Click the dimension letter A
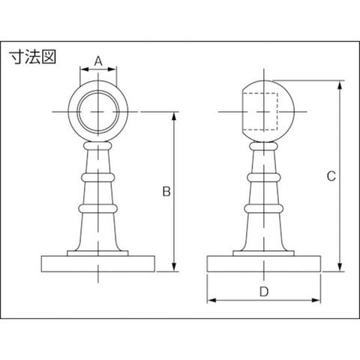[x=98, y=61]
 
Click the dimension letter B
[x=166, y=191]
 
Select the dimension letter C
[x=331, y=176]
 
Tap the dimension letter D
[x=264, y=292]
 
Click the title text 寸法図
[x=33, y=57]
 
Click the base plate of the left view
[x=98, y=264]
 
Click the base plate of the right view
[x=264, y=264]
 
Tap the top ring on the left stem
[x=98, y=145]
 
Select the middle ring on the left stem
[x=98, y=178]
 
